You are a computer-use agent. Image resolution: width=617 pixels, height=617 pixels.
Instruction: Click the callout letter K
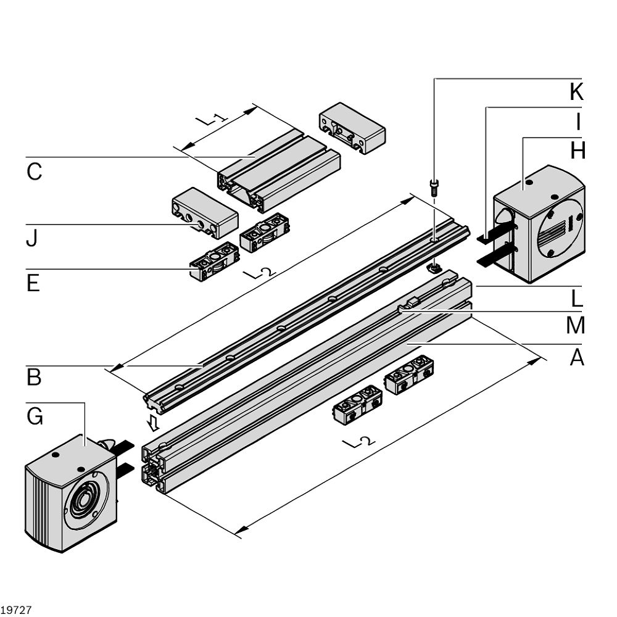[576, 92]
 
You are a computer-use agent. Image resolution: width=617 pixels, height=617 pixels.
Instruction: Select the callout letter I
[578, 122]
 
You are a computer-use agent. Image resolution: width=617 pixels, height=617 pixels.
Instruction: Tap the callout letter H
[577, 150]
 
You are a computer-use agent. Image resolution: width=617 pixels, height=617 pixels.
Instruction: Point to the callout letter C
[34, 172]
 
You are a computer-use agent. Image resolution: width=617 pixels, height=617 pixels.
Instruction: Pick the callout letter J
[31, 238]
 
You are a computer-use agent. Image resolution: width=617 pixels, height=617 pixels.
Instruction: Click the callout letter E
[33, 283]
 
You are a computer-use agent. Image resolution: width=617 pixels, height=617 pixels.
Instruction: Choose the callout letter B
[34, 377]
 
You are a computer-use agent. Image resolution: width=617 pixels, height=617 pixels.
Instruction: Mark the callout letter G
[35, 416]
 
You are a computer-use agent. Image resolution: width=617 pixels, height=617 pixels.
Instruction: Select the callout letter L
[576, 299]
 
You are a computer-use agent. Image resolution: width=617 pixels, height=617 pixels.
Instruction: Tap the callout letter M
[575, 325]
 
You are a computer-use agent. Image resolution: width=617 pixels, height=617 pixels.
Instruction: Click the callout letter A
[576, 357]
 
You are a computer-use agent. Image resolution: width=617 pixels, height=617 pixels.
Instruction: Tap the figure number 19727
[16, 610]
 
